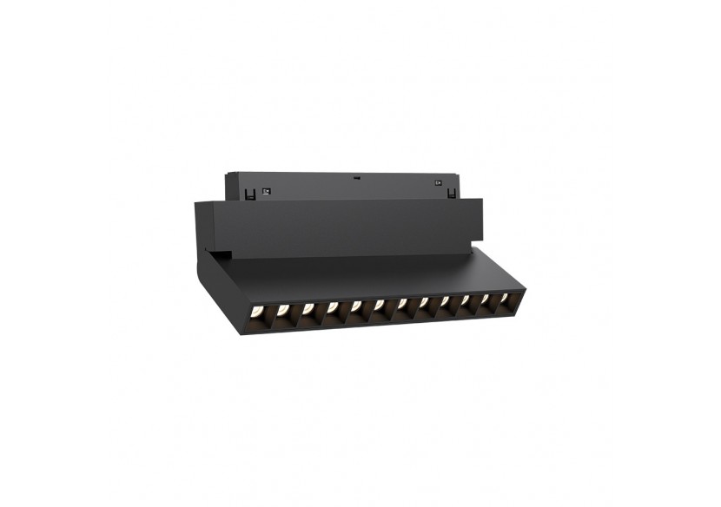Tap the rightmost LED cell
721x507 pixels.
point(506,300)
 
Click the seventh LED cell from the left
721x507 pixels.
point(403,306)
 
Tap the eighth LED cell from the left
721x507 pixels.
point(425,305)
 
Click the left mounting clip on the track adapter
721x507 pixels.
point(251,194)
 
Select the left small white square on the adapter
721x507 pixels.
point(267,190)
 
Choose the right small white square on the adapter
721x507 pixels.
point(438,183)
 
